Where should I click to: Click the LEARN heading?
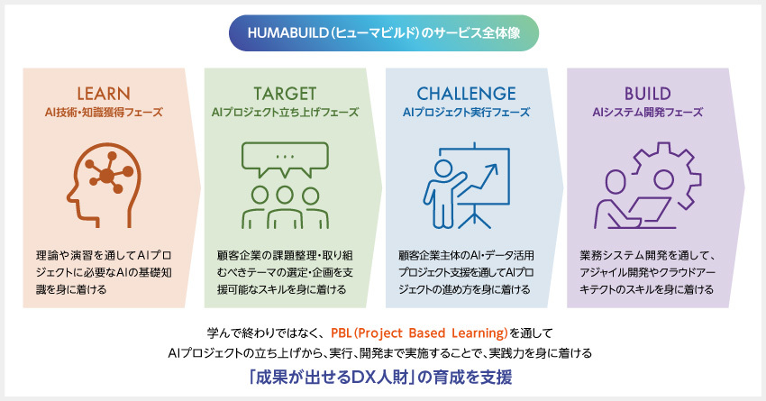pyautogui.click(x=104, y=94)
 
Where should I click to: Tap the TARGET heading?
pyautogui.click(x=285, y=94)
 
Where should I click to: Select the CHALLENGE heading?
pyautogui.click(x=466, y=94)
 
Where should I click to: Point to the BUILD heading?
pyautogui.click(x=647, y=94)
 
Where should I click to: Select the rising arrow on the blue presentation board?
pyautogui.click(x=477, y=180)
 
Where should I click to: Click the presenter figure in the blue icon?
pyautogui.click(x=442, y=194)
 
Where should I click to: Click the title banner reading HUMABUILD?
pyautogui.click(x=384, y=33)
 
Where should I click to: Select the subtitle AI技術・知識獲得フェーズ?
pyautogui.click(x=104, y=113)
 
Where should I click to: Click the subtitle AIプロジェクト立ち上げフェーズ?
pyautogui.click(x=285, y=113)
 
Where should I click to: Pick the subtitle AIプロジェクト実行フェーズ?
pyautogui.click(x=466, y=113)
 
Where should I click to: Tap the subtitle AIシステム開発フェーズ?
pyautogui.click(x=647, y=113)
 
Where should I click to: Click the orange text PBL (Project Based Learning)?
pyautogui.click(x=420, y=333)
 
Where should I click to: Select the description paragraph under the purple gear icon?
pyautogui.click(x=647, y=272)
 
